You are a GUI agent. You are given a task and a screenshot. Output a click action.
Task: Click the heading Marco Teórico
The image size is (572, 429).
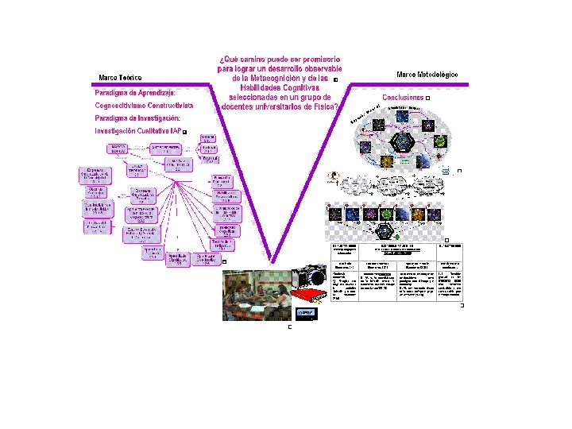[x=120, y=78]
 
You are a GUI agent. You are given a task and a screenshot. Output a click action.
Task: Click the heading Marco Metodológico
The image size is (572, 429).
[x=427, y=75]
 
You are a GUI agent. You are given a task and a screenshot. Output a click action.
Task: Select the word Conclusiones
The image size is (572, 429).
[x=403, y=98]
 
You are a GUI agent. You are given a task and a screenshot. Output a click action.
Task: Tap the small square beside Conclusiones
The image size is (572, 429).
[x=428, y=98]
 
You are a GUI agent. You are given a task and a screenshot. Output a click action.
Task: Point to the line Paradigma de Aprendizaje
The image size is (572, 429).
[x=136, y=91]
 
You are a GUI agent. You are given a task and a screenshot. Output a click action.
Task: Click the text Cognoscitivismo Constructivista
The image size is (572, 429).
[x=144, y=105]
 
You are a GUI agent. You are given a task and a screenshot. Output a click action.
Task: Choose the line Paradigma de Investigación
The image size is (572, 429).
[x=137, y=118]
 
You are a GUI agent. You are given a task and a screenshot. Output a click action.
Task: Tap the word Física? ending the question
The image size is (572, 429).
[x=327, y=106]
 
